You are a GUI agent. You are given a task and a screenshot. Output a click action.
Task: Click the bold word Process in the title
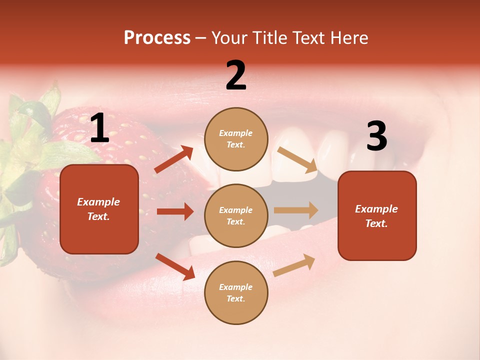click(x=157, y=38)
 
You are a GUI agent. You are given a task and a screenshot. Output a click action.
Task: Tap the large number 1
click(x=99, y=128)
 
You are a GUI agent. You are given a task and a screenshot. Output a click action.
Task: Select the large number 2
click(x=236, y=75)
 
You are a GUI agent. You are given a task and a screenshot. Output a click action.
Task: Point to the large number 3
click(x=376, y=136)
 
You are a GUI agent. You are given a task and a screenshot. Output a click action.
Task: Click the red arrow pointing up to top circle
click(x=174, y=159)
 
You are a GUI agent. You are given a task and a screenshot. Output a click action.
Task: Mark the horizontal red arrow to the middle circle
click(x=175, y=211)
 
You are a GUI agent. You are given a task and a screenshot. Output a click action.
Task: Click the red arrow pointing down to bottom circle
click(x=175, y=266)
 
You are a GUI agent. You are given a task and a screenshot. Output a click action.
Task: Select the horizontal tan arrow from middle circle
click(x=296, y=210)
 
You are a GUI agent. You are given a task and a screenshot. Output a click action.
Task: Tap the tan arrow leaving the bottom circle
click(x=294, y=265)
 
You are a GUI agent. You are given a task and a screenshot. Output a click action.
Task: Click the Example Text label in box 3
click(x=376, y=216)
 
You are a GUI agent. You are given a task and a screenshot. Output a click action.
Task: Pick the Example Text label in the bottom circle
click(x=236, y=293)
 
